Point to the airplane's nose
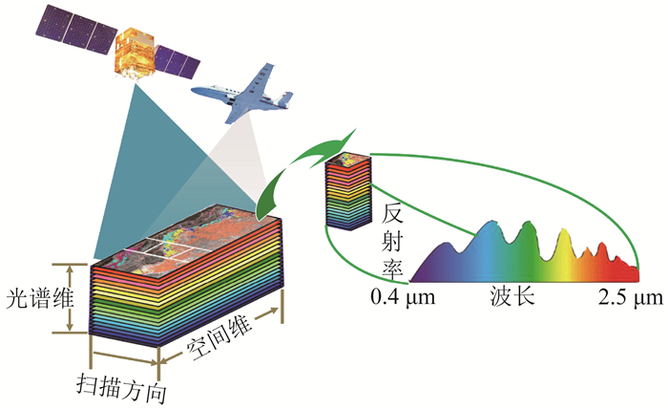[196, 90]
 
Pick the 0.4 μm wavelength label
[406, 298]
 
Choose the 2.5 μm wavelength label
[630, 298]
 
